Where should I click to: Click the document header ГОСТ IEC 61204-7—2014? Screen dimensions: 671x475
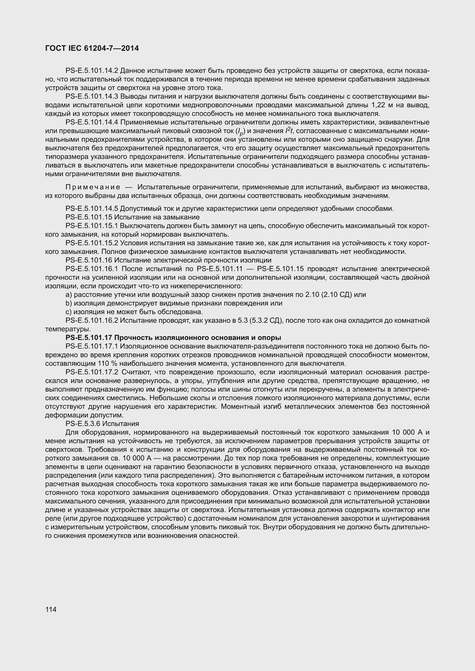coord(92,48)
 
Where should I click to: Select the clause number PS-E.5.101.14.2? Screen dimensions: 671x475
coord(92,71)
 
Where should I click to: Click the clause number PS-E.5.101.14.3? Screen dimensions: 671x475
coord(92,96)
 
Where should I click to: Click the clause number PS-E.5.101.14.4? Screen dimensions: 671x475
coord(92,122)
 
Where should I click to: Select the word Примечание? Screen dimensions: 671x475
coord(92,187)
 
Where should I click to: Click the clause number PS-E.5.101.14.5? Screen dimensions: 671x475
coord(92,209)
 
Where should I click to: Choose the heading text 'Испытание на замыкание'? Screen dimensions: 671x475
coord(157,217)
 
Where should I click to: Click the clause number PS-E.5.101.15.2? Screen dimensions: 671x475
coord(92,243)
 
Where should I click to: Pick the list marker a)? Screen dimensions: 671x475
coord(69,295)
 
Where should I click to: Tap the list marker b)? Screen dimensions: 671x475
coord(69,303)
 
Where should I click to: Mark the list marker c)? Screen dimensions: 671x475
coord(69,312)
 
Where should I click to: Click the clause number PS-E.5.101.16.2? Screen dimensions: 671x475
coord(92,321)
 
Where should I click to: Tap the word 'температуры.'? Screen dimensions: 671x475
coord(62,329)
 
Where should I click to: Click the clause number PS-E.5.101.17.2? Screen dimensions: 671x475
coord(92,372)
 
